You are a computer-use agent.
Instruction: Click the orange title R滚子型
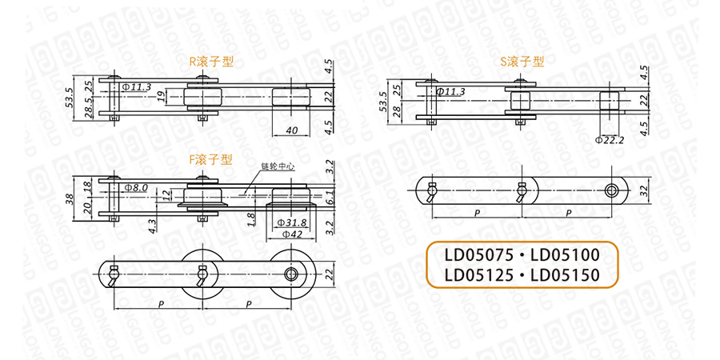coord(212,62)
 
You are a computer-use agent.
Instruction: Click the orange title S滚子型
coord(522,62)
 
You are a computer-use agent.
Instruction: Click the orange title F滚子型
coord(210,160)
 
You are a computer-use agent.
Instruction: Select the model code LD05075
coord(479,254)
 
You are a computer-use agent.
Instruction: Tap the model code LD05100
coord(565,254)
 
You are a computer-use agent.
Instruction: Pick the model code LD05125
coord(479,275)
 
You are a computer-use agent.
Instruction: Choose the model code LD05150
coord(565,275)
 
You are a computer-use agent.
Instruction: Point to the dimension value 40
coord(291,131)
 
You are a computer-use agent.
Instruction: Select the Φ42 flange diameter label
coord(290,234)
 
